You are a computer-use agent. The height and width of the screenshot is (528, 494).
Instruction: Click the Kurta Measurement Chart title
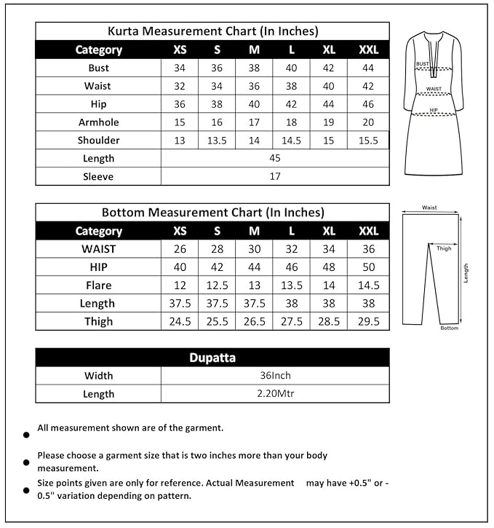point(212,31)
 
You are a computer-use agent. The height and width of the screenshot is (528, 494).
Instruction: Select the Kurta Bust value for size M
point(254,68)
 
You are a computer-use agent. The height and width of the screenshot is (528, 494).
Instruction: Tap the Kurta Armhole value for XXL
point(368,122)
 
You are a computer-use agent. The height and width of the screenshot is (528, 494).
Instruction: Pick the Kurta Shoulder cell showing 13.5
point(217,141)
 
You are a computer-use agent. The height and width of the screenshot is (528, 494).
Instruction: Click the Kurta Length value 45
point(274,158)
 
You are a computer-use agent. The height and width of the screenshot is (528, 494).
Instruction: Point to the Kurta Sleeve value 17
point(274,176)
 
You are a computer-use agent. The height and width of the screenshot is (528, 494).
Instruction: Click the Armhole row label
point(98,122)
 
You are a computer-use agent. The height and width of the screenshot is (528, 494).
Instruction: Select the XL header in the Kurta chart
point(329,50)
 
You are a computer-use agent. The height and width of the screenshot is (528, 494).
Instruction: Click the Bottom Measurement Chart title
point(212,213)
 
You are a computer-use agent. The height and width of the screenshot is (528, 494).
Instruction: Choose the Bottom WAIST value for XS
point(180,248)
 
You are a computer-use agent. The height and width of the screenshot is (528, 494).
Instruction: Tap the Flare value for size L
point(291,285)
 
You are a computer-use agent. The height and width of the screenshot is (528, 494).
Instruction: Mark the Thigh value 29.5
point(368,321)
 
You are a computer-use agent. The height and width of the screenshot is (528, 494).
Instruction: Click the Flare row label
point(98,285)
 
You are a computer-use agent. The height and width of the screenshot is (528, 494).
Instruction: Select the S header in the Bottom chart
point(217,231)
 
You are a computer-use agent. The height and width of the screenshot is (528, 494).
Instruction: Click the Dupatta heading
point(212,358)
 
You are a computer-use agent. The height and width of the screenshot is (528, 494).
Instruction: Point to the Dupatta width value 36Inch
point(274,376)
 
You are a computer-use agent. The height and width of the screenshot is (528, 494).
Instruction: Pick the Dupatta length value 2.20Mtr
point(274,394)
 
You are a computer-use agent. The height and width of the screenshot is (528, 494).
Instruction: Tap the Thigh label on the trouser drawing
point(444,248)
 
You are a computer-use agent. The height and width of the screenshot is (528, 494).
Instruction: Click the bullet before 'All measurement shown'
point(26,435)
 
